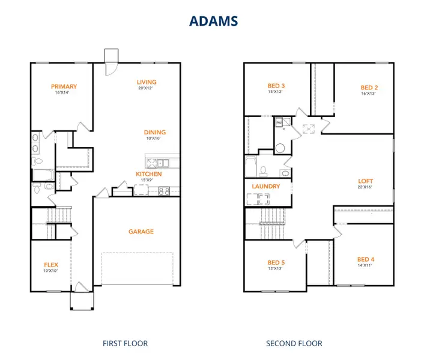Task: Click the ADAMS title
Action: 213,20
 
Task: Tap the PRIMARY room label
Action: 64,86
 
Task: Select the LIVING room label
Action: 147,82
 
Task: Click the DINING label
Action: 154,133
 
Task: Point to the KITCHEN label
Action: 148,174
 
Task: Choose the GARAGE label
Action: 141,232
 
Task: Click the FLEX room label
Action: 51,264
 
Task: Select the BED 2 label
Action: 369,87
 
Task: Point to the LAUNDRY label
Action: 266,187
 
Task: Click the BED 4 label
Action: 365,259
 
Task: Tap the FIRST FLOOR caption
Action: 125,344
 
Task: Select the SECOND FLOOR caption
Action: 294,344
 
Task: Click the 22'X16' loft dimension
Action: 366,187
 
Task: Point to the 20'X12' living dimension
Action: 147,89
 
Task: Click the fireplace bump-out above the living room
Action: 111,55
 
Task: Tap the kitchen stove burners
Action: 164,191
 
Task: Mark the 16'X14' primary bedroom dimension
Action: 64,93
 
